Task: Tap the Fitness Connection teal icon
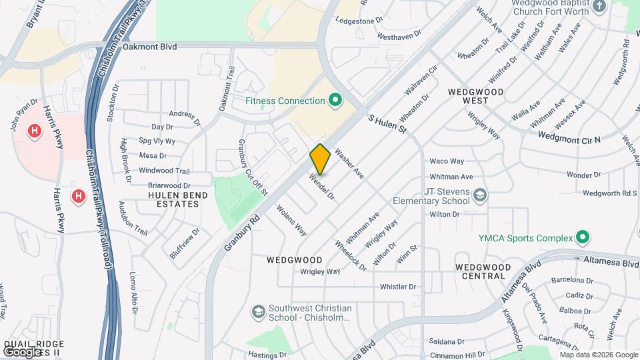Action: (x=335, y=101)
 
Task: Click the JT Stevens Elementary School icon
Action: (x=481, y=195)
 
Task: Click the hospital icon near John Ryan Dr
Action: (x=34, y=131)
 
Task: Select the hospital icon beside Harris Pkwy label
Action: (x=78, y=196)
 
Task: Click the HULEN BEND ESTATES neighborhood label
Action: (x=174, y=199)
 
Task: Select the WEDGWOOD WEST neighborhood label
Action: (x=477, y=95)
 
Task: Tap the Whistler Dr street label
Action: (x=397, y=287)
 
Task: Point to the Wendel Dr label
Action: (x=321, y=187)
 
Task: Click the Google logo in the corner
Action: (x=22, y=351)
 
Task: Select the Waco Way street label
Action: (x=447, y=161)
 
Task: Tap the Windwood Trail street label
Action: (x=164, y=171)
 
